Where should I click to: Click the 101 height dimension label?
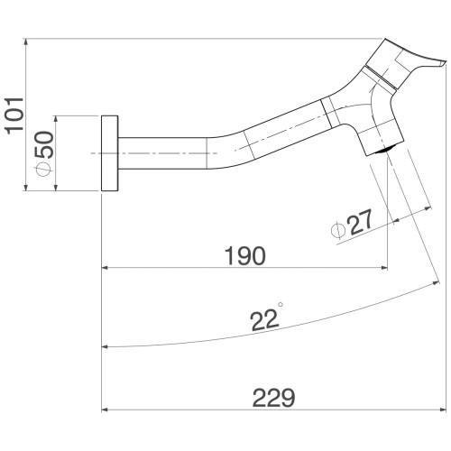(x=14, y=116)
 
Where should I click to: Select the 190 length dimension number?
(x=245, y=256)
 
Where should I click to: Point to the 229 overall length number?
(x=273, y=398)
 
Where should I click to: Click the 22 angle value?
(x=263, y=321)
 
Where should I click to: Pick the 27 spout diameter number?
(x=361, y=223)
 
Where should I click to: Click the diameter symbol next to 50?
(x=43, y=169)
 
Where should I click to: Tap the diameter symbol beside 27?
(x=337, y=231)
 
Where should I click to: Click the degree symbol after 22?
(x=281, y=304)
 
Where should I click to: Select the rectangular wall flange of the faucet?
(x=109, y=153)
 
